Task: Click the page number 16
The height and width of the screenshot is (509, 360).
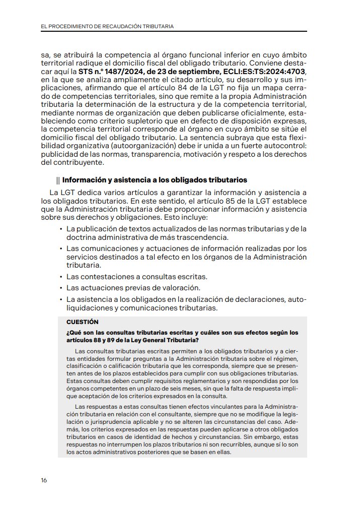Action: [x=44, y=480]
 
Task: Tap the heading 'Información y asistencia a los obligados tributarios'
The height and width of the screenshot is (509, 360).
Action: [x=155, y=180]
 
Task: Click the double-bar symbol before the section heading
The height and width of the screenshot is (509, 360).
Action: [x=58, y=180]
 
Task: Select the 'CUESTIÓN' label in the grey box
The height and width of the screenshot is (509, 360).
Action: [x=83, y=322]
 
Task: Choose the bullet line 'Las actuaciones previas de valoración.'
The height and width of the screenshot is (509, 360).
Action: [x=133, y=288]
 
